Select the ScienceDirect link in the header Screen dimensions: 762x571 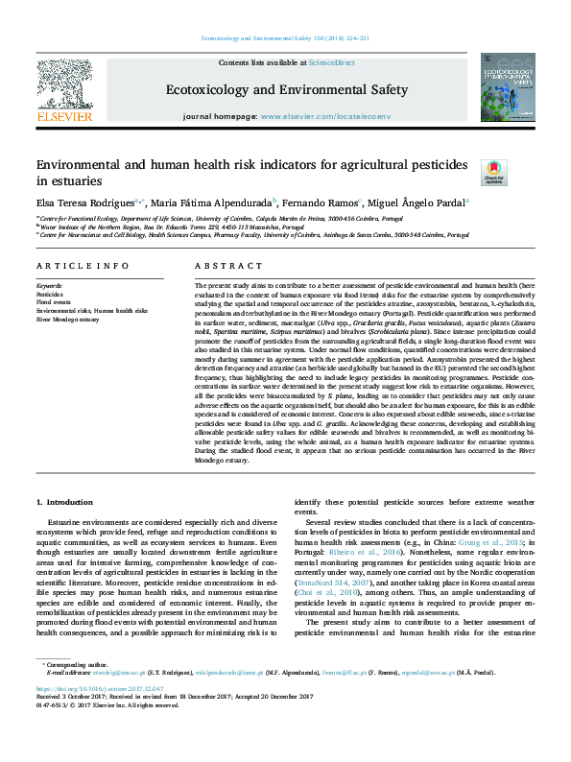click(x=331, y=62)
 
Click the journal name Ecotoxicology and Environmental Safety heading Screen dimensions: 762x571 click(x=287, y=90)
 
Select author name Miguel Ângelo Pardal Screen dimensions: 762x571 click(x=419, y=202)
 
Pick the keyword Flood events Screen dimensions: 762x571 click(x=54, y=302)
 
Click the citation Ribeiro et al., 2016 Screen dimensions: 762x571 click(x=355, y=554)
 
